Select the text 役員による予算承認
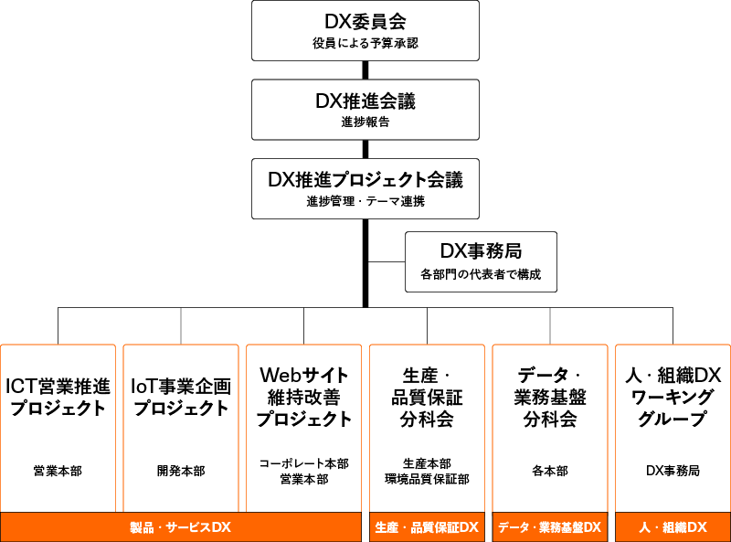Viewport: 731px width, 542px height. (365, 42)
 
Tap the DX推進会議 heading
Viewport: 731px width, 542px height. (365, 101)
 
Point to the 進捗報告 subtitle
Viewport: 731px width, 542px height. (365, 122)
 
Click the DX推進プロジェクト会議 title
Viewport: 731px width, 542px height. (365, 179)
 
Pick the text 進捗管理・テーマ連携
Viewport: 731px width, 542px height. (365, 201)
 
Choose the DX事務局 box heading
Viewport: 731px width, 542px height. (481, 251)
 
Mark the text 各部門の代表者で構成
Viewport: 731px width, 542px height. (481, 274)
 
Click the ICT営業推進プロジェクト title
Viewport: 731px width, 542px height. (58, 397)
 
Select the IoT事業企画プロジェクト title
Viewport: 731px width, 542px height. (181, 397)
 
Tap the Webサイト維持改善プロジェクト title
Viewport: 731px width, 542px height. (304, 397)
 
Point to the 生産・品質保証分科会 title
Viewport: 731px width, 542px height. (427, 397)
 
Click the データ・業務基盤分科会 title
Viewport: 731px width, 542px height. (550, 397)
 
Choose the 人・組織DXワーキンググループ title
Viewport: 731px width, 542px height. (673, 397)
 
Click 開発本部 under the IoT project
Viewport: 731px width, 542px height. (181, 472)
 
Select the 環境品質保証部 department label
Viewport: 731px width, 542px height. (427, 479)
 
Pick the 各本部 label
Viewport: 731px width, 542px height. (550, 472)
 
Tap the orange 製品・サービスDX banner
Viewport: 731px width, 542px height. (181, 527)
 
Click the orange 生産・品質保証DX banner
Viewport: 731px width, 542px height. (427, 527)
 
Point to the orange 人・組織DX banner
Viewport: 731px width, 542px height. (673, 527)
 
